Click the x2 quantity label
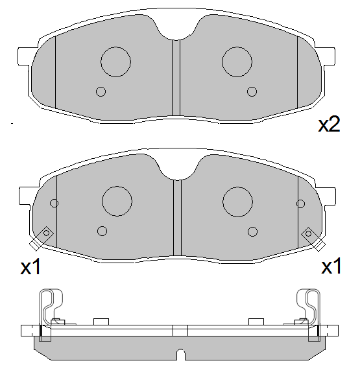pyautogui.click(x=329, y=124)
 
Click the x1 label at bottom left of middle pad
pyautogui.click(x=30, y=267)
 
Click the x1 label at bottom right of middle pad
pyautogui.click(x=331, y=266)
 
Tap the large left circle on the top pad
pyautogui.click(x=115, y=62)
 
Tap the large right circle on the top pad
pyautogui.click(x=237, y=62)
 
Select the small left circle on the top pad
pyautogui.click(x=101, y=91)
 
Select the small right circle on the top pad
pyautogui.click(x=252, y=91)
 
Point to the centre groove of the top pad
pyautogui.click(x=176, y=78)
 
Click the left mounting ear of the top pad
pyautogui.click(x=25, y=56)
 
